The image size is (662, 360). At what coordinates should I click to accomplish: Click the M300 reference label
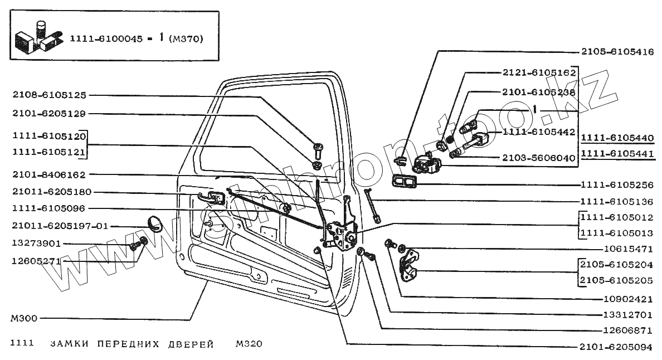23,319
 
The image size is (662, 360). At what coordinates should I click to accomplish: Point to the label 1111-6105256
616,184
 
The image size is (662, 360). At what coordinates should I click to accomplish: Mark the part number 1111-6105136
616,201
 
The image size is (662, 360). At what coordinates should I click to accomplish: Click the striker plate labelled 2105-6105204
411,266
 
